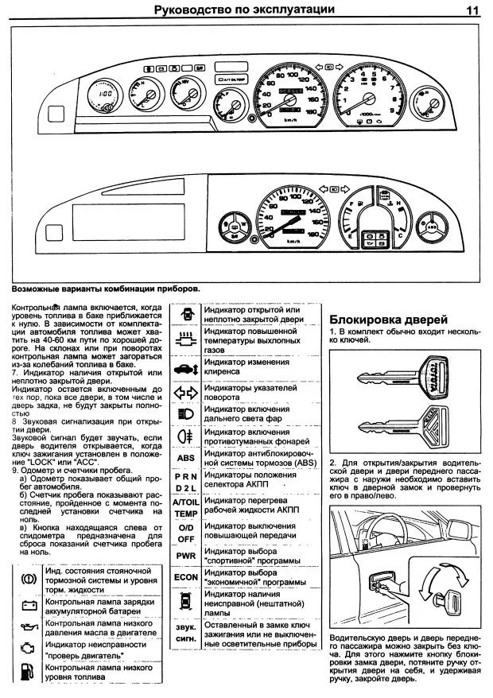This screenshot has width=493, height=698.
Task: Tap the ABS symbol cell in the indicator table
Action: coord(185,458)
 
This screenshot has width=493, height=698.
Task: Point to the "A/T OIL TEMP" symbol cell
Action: coord(185,507)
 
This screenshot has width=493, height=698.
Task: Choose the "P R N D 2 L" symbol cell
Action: coord(185,482)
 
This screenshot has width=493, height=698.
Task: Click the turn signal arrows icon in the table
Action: coord(185,392)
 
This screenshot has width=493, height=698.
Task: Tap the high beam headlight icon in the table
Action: coord(185,413)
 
